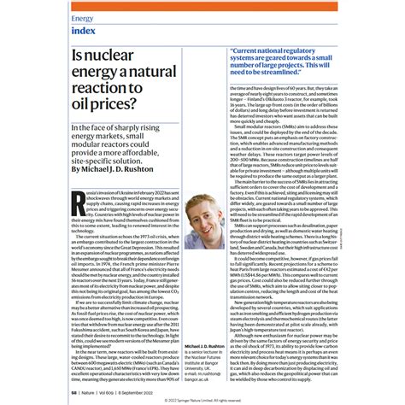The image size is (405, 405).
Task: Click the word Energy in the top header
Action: [83, 17]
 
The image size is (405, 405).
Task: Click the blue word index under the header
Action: [85, 32]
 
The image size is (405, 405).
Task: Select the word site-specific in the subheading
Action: [103, 159]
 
